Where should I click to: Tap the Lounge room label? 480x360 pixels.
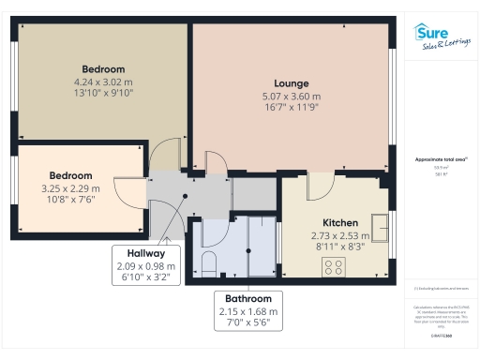291,83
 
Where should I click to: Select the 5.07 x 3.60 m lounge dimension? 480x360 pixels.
291,96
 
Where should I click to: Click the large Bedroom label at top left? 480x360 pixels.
103,69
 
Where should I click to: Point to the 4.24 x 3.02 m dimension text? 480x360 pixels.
103,82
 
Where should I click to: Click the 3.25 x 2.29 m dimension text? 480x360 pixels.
71,187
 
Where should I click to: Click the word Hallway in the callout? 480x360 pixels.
141,253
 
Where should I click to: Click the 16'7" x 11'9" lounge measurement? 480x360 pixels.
291,108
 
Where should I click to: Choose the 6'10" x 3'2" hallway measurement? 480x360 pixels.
141,277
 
